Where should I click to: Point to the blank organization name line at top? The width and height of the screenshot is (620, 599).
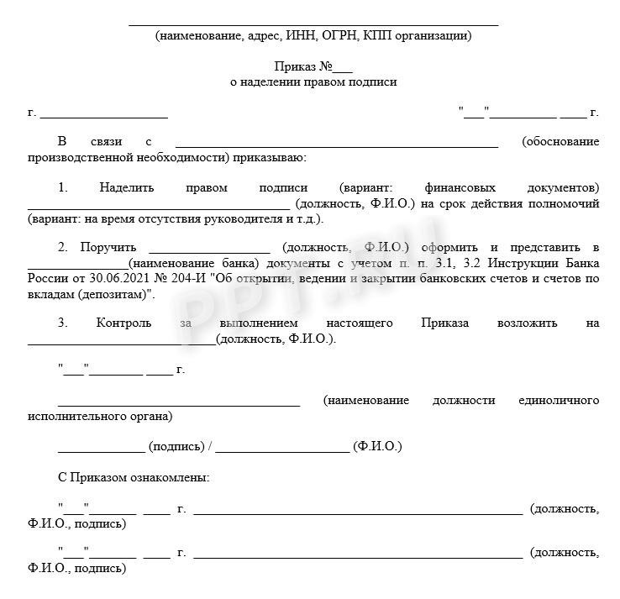click(x=313, y=24)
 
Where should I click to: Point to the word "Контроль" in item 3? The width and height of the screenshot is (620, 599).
click(x=124, y=323)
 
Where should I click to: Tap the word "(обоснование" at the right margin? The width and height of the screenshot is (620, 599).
click(x=560, y=141)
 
